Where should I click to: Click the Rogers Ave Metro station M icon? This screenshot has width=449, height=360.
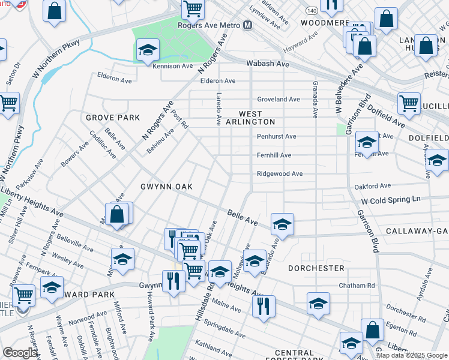(247, 25)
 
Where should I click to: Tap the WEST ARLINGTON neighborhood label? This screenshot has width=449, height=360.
(258, 118)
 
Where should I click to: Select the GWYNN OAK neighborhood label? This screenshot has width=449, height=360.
(167, 187)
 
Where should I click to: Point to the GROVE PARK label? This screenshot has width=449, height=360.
(112, 118)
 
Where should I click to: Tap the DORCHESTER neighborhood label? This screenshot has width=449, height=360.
(316, 268)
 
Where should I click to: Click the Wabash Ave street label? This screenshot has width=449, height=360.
(268, 64)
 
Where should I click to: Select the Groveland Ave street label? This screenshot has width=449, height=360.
(279, 99)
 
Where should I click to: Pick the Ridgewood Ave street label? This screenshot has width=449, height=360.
(280, 173)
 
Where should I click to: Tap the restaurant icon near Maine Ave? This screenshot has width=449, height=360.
(264, 306)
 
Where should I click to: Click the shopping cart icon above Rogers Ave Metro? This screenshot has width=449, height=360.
(193, 8)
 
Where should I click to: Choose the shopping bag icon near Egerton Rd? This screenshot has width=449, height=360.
(372, 329)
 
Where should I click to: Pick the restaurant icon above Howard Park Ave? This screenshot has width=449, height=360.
(173, 280)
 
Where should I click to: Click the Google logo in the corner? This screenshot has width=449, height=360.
(20, 353)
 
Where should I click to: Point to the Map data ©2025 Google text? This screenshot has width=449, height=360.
(411, 355)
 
